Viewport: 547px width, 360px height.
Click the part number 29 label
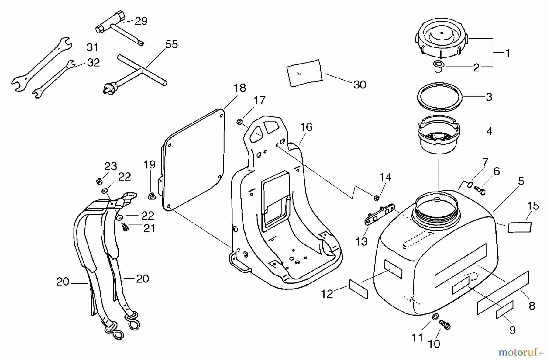coord(141,21)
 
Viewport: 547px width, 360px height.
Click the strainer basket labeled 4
coord(439,134)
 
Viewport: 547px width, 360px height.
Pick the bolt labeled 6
coord(479,190)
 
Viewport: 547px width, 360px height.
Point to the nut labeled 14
coord(376,198)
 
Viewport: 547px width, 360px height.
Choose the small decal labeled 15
coord(520,227)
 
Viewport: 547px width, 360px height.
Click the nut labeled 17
coord(239,122)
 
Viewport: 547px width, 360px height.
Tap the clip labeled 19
coord(151,196)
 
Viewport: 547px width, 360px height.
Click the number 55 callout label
coord(171,44)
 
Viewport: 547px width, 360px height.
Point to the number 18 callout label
coord(239,88)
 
